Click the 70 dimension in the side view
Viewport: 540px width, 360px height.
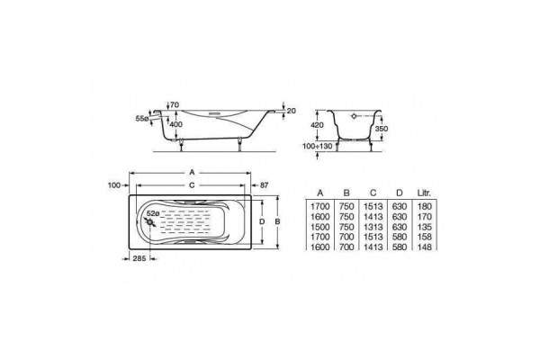175,104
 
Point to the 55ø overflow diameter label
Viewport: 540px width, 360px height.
141,119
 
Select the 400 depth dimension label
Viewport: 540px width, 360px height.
175,124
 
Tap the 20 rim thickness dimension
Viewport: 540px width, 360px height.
292,111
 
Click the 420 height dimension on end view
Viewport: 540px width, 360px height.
317,125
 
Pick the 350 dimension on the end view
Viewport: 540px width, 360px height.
382,129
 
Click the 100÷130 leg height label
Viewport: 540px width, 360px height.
318,146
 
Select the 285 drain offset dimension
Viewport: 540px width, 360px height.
139,258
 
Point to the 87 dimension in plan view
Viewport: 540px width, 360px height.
264,185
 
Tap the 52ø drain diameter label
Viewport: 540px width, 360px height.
153,213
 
